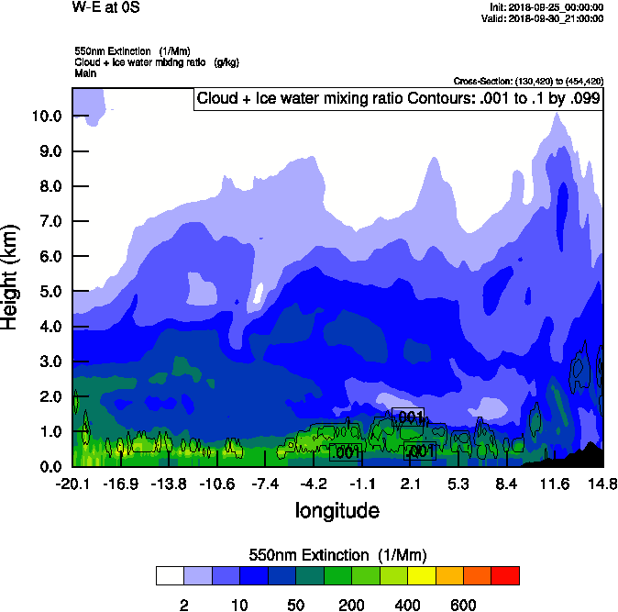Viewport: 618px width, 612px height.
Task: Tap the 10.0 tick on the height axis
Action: (47, 117)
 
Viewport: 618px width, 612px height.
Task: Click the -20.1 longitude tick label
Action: (72, 484)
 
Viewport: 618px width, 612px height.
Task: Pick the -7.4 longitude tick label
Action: (265, 484)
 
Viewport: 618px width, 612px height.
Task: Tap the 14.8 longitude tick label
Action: (601, 484)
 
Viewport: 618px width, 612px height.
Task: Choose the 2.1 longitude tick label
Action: (410, 484)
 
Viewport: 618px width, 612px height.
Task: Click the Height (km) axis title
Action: (12, 276)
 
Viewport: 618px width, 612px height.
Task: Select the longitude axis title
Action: (337, 509)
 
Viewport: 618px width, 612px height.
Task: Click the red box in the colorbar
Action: (505, 575)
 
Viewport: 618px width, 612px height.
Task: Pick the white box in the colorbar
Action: (170, 575)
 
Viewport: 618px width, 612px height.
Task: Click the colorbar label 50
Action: (295, 605)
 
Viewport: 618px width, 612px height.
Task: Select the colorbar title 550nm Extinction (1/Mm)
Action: (337, 555)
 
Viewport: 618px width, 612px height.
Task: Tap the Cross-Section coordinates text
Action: (528, 82)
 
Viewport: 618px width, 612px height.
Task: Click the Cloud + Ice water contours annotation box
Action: (399, 98)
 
